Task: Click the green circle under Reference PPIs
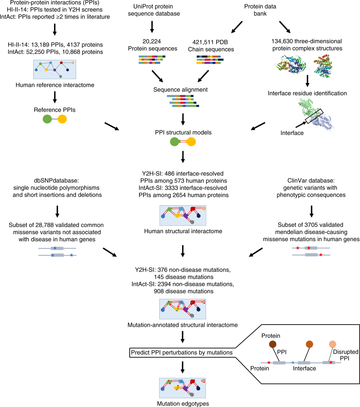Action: pyautogui.click(x=47, y=119)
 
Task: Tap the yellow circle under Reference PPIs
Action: pyautogui.click(x=62, y=119)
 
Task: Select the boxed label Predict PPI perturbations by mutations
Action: pyautogui.click(x=182, y=352)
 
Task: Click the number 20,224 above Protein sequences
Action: pyautogui.click(x=152, y=41)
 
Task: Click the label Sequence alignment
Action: pyautogui.click(x=180, y=89)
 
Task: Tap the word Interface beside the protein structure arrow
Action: pyautogui.click(x=292, y=133)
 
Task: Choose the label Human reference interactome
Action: pyautogui.click(x=55, y=85)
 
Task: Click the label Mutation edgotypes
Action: pyautogui.click(x=183, y=404)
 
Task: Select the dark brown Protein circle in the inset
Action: pyautogui.click(x=273, y=344)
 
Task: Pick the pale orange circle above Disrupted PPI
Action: pyautogui.click(x=332, y=344)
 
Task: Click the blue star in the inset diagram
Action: pyautogui.click(x=293, y=363)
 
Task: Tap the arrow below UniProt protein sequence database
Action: pyautogui.click(x=152, y=27)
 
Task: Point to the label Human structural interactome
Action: pyautogui.click(x=183, y=231)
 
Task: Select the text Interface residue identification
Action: pyautogui.click(x=307, y=93)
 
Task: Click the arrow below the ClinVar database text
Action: pyautogui.click(x=311, y=211)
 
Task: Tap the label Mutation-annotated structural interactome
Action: pyautogui.click(x=182, y=325)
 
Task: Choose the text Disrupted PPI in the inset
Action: pyautogui.click(x=345, y=355)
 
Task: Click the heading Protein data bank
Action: pyautogui.click(x=260, y=10)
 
